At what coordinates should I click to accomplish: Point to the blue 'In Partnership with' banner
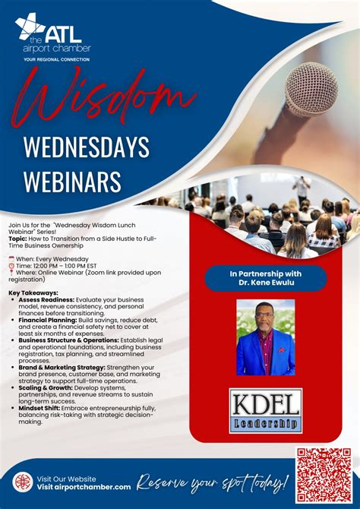pyautogui.click(x=265, y=277)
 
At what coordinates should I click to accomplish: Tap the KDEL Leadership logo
pyautogui.click(x=265, y=410)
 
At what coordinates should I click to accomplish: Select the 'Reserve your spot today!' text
pyautogui.click(x=213, y=482)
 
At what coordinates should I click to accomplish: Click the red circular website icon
pyautogui.click(x=23, y=482)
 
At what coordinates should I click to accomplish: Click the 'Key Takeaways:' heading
pyautogui.click(x=33, y=292)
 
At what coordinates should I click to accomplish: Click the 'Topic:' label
pyautogui.click(x=19, y=236)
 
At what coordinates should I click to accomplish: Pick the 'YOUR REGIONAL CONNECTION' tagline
pyautogui.click(x=57, y=58)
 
